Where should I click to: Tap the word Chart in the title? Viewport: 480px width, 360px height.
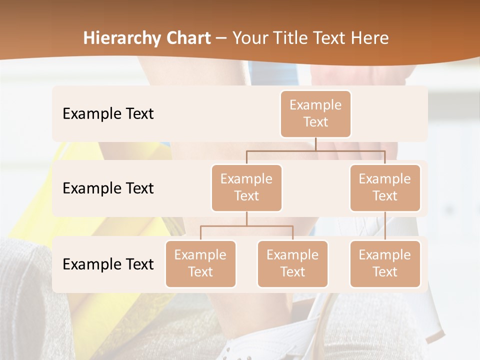pyautogui.click(x=187, y=38)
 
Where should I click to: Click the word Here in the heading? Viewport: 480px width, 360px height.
pyautogui.click(x=370, y=38)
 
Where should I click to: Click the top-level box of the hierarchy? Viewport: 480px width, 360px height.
pyautogui.click(x=315, y=113)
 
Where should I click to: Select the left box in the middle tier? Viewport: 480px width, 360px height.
pyautogui.click(x=246, y=187)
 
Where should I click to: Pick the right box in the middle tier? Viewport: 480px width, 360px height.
pyautogui.click(x=385, y=187)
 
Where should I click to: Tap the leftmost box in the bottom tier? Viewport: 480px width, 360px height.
pyautogui.click(x=200, y=263)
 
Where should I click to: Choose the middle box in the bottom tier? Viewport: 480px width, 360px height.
pyautogui.click(x=292, y=263)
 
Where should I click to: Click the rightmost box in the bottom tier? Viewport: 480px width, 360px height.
pyautogui.click(x=385, y=263)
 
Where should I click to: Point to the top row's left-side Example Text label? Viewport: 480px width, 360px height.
pyautogui.click(x=108, y=113)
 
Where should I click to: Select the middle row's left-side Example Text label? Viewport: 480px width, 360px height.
pyautogui.click(x=108, y=188)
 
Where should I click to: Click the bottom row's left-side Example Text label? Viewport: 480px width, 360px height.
pyautogui.click(x=108, y=264)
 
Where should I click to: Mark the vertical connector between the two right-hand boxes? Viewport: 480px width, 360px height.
pyautogui.click(x=385, y=226)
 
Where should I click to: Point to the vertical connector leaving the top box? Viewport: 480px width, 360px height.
pyautogui.click(x=315, y=144)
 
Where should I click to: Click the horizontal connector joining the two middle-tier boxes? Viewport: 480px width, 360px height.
pyautogui.click(x=315, y=150)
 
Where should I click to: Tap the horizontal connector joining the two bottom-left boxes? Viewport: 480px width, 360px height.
pyautogui.click(x=246, y=226)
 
